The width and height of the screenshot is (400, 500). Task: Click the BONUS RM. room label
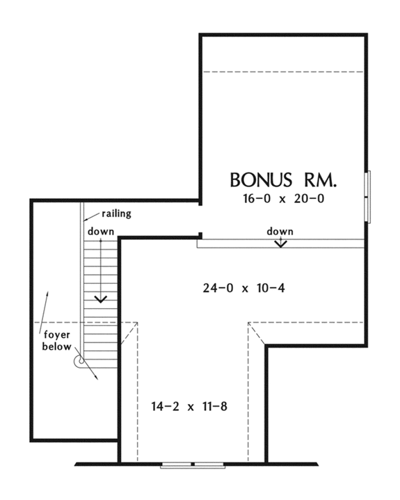click(283, 180)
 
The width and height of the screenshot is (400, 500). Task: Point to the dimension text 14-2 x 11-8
click(190, 405)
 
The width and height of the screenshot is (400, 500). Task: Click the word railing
click(117, 213)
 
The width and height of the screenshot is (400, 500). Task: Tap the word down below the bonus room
click(280, 231)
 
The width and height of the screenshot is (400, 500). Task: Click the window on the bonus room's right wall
click(369, 197)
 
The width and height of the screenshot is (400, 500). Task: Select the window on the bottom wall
click(193, 463)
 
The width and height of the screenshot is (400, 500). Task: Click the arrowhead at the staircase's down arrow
click(101, 299)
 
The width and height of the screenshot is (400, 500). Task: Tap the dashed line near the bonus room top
click(283, 71)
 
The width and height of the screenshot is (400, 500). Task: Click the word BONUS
click(257, 180)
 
